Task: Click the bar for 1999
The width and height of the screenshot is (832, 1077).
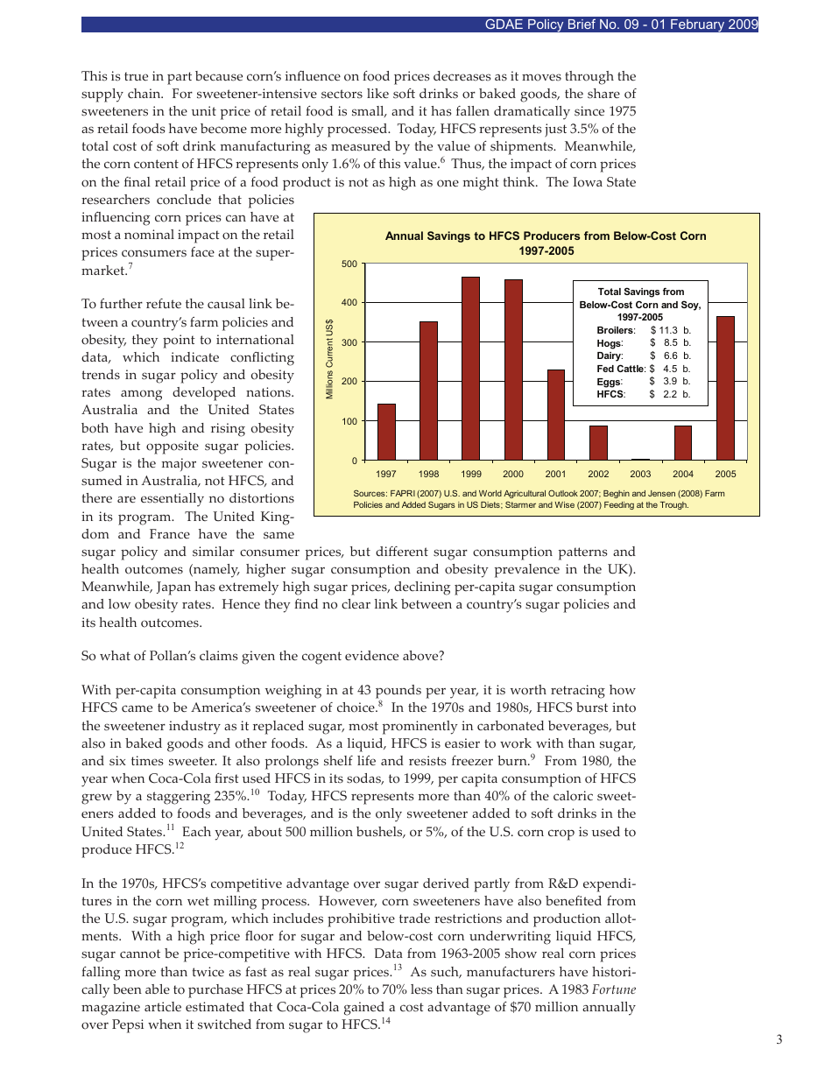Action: pyautogui.click(x=470, y=368)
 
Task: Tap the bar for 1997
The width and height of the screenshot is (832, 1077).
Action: pyautogui.click(x=386, y=432)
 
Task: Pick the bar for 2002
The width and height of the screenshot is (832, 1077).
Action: pyautogui.click(x=598, y=442)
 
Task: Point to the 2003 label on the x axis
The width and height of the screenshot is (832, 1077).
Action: pyautogui.click(x=640, y=474)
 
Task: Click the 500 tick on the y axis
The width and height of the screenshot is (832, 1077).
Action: pyautogui.click(x=349, y=264)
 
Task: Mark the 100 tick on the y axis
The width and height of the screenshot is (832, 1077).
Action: pyautogui.click(x=349, y=421)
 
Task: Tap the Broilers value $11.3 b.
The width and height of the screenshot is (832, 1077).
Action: pyautogui.click(x=670, y=330)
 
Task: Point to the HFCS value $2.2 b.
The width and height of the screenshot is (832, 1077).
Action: pyautogui.click(x=670, y=395)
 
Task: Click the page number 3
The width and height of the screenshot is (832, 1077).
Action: pyautogui.click(x=779, y=1040)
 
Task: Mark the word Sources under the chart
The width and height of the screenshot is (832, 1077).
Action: pyautogui.click(x=371, y=494)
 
